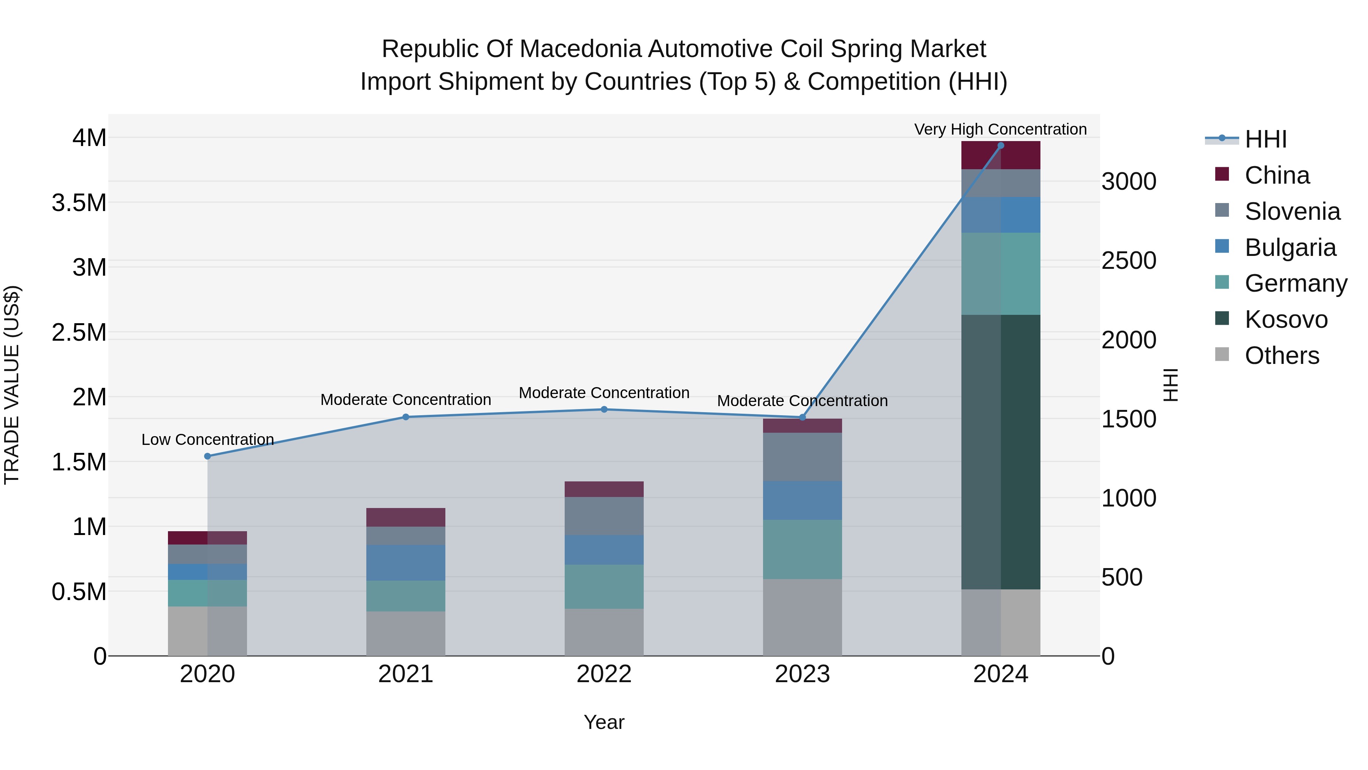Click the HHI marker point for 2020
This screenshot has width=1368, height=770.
[x=207, y=456]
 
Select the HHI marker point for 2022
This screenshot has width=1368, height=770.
[x=604, y=409]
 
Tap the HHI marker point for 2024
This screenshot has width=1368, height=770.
[x=1001, y=145]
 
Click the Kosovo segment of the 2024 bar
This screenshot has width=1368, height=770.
[x=1001, y=452]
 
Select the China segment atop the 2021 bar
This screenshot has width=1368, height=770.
[x=406, y=517]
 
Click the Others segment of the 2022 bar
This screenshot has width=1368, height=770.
[x=604, y=632]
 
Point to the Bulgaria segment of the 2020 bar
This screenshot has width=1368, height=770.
[x=207, y=572]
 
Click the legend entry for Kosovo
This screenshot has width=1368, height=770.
[x=1285, y=319]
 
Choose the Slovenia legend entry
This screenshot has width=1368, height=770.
[x=1292, y=211]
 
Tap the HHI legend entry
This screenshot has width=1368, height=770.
[x=1265, y=139]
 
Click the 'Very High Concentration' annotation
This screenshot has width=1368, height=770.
[x=1000, y=129]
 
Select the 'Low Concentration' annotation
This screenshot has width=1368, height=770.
[x=207, y=440]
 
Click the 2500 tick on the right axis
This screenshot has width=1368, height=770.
[x=1129, y=261]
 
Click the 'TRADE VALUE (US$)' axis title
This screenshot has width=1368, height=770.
[x=12, y=385]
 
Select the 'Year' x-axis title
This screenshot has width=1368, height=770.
[x=604, y=722]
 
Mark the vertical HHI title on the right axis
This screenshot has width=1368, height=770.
[x=1170, y=385]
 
